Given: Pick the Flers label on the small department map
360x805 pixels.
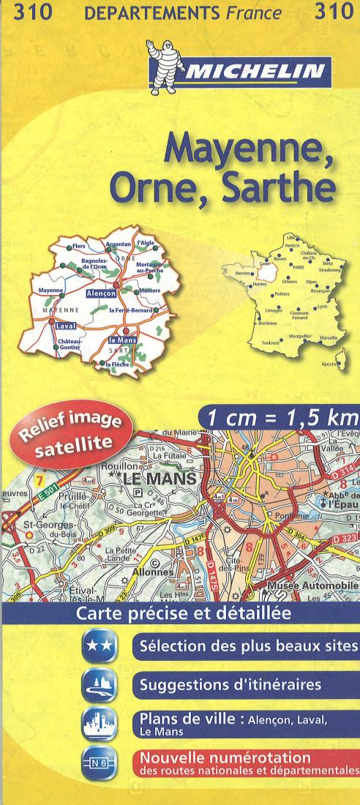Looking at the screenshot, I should [80, 247].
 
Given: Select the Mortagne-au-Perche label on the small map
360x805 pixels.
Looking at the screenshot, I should [150, 268].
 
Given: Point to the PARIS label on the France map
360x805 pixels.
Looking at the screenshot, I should [299, 268].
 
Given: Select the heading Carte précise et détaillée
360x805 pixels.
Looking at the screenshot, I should [180, 613].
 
